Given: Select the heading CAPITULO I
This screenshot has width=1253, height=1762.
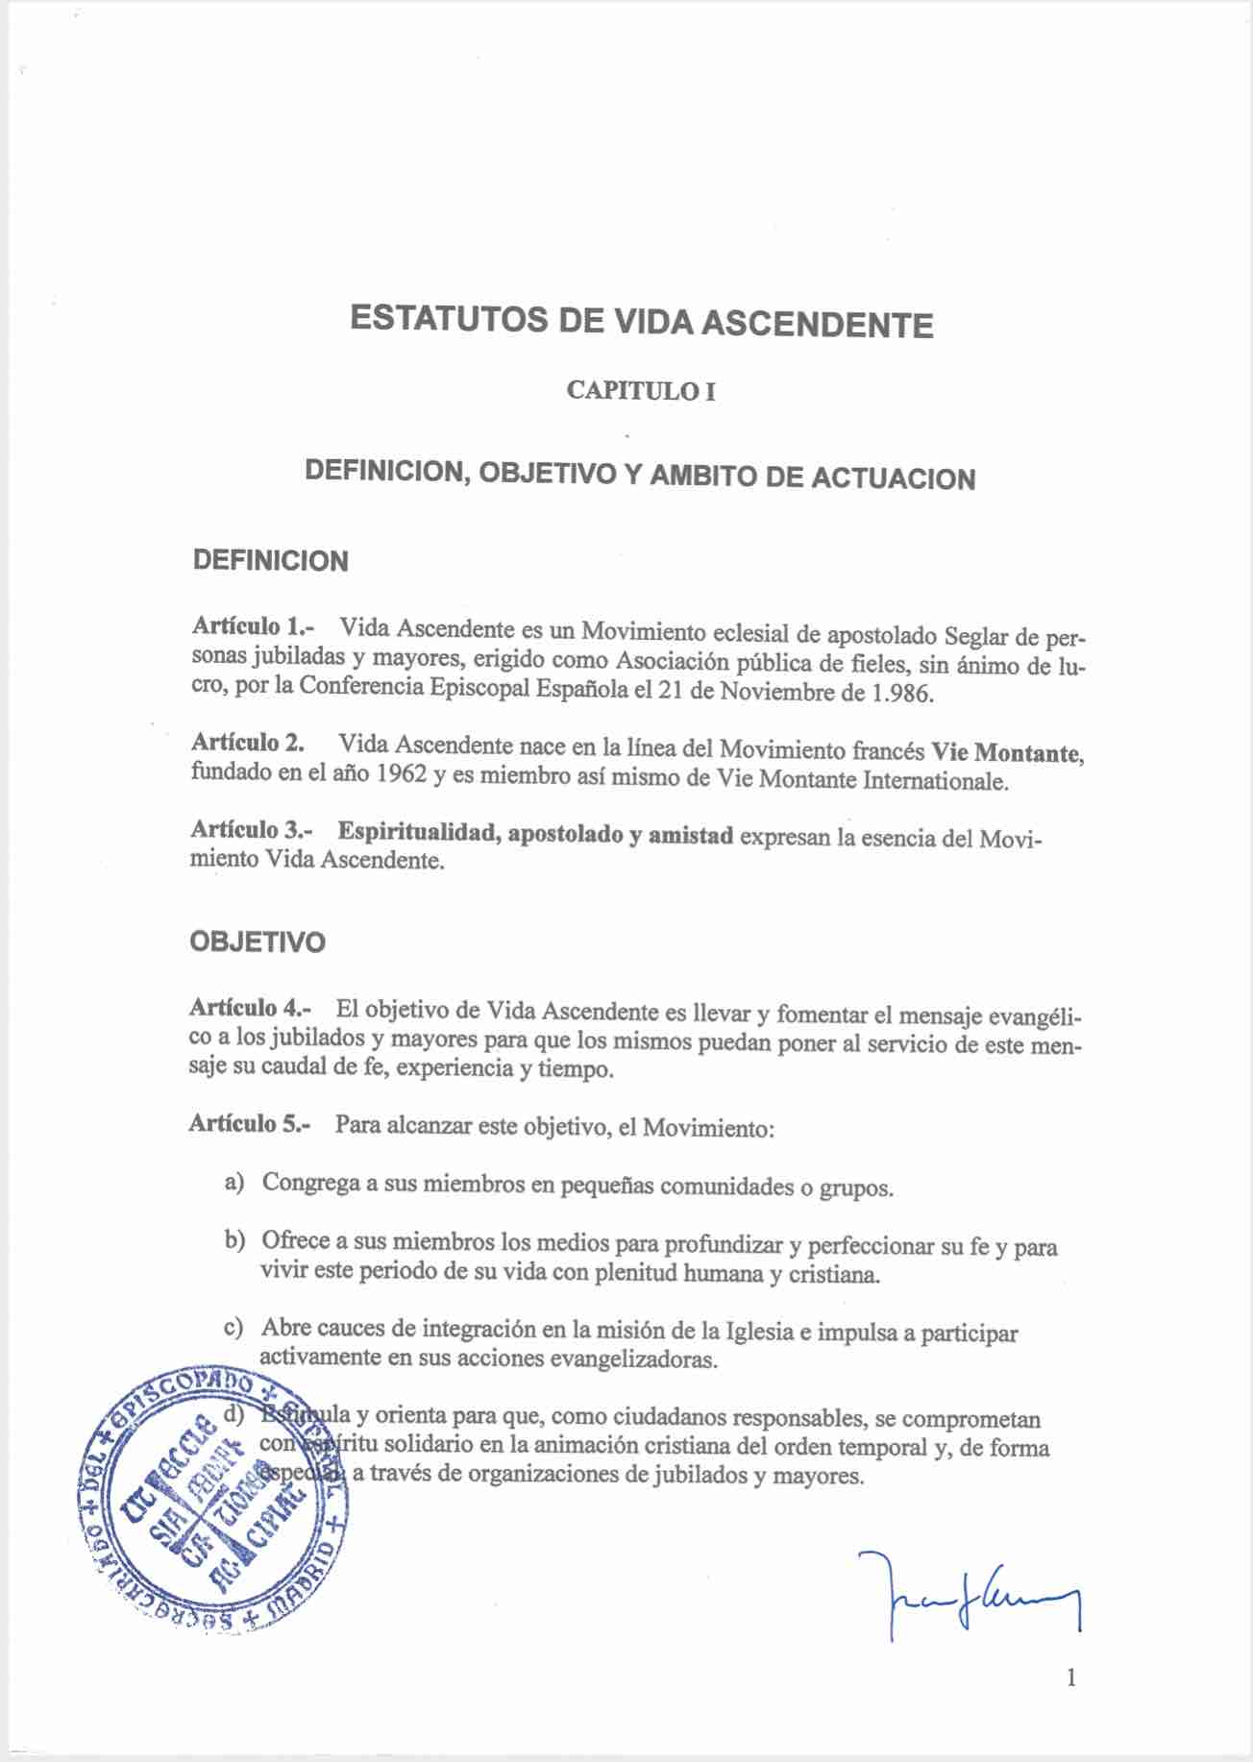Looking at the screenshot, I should point(641,391).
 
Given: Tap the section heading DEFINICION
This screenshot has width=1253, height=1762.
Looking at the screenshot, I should point(270,561).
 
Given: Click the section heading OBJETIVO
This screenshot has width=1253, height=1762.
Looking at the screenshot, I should point(258,942).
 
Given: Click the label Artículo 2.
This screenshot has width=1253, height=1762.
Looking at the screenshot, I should point(248,743).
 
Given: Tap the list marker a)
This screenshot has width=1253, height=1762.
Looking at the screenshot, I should point(234,1182).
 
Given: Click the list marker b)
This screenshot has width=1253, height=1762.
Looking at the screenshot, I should point(234,1240).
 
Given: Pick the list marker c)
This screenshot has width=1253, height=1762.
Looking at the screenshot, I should point(233,1328).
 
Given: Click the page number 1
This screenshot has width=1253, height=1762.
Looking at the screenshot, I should point(1071,1678).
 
